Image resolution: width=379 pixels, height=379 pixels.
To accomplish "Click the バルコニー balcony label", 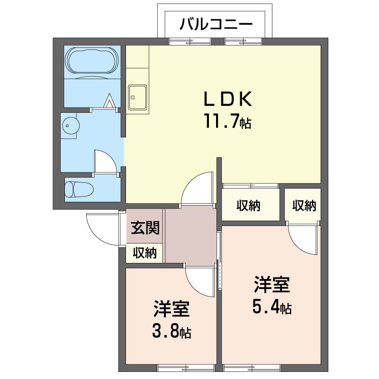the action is (216, 24).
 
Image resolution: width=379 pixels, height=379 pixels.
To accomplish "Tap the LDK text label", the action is (228, 99).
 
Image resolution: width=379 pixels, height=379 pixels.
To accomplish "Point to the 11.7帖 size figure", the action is (227, 121).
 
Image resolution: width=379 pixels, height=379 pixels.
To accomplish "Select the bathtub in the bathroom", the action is (92, 61).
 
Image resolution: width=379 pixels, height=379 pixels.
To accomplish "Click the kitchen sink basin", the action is (137, 97).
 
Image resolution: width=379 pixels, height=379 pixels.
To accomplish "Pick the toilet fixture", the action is (79, 189).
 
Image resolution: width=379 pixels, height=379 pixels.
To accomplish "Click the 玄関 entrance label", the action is (145, 227).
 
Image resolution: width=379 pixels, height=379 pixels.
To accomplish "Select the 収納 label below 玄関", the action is (145, 253).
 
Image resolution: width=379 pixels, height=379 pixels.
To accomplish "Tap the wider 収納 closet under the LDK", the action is (248, 206).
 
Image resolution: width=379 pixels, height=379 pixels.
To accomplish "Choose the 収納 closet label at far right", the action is (304, 206).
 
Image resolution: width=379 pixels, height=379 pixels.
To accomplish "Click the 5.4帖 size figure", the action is (271, 306).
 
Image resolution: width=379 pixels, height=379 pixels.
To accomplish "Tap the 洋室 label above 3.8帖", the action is (171, 309).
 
